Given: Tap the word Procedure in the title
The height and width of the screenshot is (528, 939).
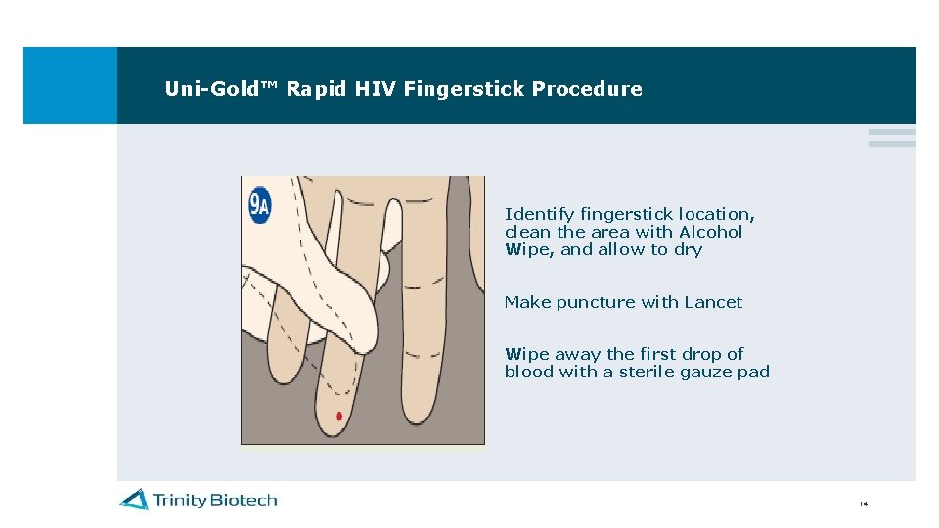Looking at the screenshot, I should pyautogui.click(x=587, y=89).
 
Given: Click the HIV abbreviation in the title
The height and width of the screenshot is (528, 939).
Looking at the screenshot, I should pyautogui.click(x=376, y=89).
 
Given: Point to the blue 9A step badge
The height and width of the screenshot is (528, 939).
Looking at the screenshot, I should pyautogui.click(x=259, y=205).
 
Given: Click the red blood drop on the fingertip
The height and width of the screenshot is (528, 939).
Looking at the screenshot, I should pyautogui.click(x=338, y=417).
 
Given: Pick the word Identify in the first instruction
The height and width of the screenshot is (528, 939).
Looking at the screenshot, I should pyautogui.click(x=539, y=214).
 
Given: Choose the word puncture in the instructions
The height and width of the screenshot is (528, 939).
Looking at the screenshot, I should pyautogui.click(x=595, y=303).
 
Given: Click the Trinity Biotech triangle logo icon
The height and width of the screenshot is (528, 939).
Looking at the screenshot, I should pyautogui.click(x=134, y=500).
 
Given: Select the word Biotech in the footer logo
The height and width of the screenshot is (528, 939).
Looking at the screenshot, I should pyautogui.click(x=244, y=500).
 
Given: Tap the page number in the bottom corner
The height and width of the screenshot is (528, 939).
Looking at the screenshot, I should pyautogui.click(x=864, y=505).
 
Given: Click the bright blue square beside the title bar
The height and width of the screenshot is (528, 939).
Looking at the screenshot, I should pyautogui.click(x=69, y=85).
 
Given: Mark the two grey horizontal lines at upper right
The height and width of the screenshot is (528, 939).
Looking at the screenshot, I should pyautogui.click(x=891, y=138).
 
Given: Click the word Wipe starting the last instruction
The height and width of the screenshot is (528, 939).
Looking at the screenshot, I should pyautogui.click(x=523, y=354).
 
